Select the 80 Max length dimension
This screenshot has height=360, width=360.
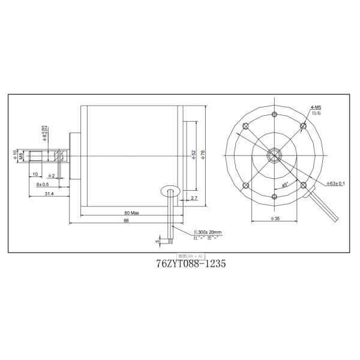(x=131, y=213)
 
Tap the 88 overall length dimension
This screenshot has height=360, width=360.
(x=126, y=221)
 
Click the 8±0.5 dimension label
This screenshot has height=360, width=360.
(x=43, y=185)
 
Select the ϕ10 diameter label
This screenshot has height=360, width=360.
(x=15, y=155)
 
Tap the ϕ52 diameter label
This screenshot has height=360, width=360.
(x=194, y=154)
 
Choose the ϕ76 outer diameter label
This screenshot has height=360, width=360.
(x=203, y=154)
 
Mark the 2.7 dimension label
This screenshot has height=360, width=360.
(x=193, y=197)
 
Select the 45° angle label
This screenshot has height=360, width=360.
(x=285, y=185)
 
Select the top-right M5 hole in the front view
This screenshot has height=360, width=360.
(x=304, y=126)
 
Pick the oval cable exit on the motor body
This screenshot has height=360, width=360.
(x=170, y=191)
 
